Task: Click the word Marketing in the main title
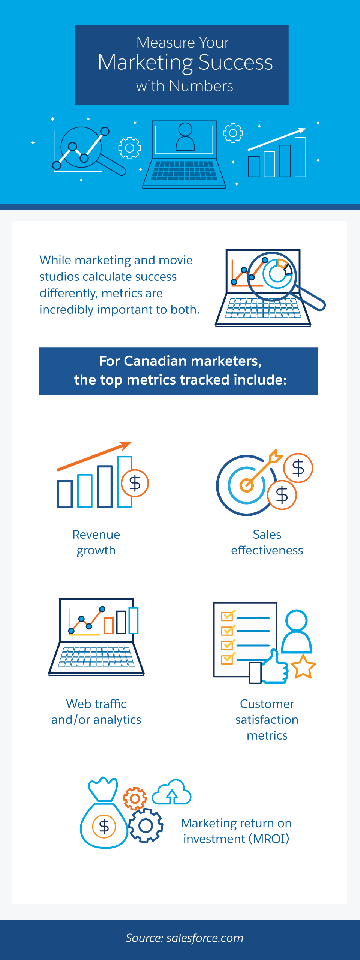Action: coord(145,63)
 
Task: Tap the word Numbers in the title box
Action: coord(201,86)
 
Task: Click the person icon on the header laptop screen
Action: coord(185,137)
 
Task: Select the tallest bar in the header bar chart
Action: coord(300,157)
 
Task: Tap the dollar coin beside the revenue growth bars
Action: coord(135,483)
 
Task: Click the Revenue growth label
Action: coord(96,542)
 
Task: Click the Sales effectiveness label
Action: coord(267,542)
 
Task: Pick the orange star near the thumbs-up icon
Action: coord(303,667)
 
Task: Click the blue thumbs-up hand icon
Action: coord(274,667)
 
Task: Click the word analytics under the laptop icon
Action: coord(117,720)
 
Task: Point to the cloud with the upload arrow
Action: coord(172,792)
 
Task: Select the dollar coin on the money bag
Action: coord(104,827)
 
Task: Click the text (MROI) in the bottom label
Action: coord(269,839)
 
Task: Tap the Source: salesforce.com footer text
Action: coord(184,938)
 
